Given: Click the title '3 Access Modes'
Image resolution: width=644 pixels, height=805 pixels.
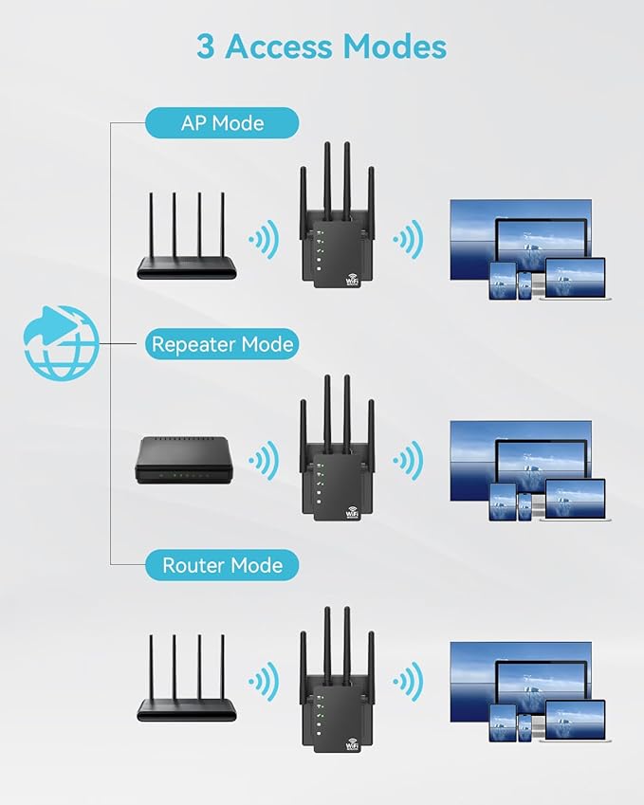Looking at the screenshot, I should pos(322,46).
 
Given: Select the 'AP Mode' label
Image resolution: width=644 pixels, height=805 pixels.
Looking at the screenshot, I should pos(222,123).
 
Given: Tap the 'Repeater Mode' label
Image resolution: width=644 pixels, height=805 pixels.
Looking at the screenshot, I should pos(222,343).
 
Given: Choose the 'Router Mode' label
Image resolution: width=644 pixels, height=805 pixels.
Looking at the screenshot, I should pos(222,565).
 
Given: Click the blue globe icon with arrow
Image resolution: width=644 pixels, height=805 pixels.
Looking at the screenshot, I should pos(61,342).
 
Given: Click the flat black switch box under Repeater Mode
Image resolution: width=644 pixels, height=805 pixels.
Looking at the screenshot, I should pos(181,459).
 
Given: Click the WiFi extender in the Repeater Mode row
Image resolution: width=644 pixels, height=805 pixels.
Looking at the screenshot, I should pos(338,460).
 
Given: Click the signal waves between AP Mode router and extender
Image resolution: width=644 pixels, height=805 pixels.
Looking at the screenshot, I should pos(263,239).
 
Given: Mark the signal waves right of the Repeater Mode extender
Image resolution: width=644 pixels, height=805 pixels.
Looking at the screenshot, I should pos(408,462).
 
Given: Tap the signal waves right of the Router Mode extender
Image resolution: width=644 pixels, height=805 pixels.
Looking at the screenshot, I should pos(408,682).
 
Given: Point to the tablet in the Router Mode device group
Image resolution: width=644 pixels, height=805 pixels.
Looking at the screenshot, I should pos(502,723).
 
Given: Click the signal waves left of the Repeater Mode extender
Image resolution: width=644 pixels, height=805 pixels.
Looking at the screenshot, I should pos(263,462).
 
